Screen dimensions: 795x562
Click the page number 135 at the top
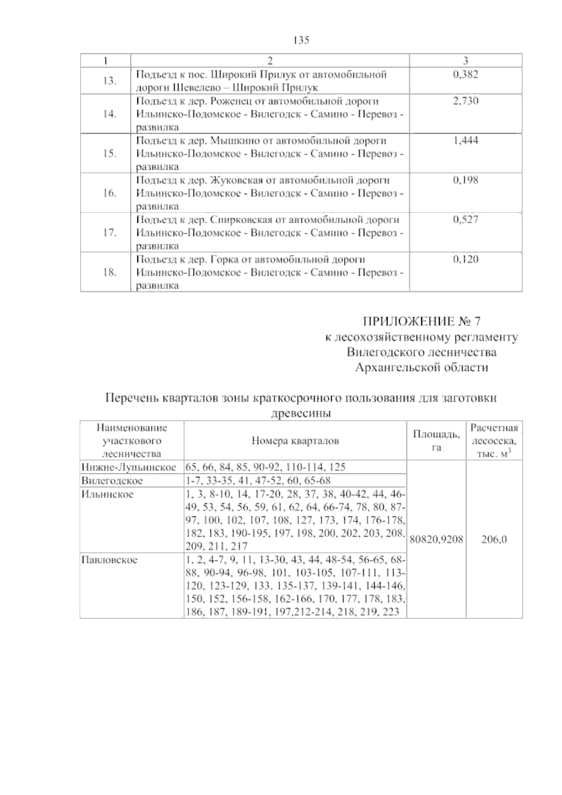(x=302, y=40)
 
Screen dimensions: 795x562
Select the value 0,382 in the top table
(x=466, y=74)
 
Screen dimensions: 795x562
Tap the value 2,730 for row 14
(x=466, y=101)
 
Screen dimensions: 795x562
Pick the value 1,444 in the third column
(x=466, y=141)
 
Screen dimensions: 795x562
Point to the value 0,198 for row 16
(x=466, y=180)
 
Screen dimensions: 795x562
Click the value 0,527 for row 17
(x=466, y=220)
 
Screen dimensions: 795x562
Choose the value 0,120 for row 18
(x=466, y=260)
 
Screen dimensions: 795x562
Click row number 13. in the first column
(x=109, y=81)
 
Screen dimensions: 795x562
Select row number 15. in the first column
(x=109, y=154)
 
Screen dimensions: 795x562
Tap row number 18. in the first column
(x=109, y=272)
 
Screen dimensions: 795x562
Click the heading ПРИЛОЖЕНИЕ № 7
(x=422, y=321)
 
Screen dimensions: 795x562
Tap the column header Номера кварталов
(x=295, y=441)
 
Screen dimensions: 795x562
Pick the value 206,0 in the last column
(x=495, y=539)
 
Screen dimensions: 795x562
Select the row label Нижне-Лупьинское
(x=129, y=467)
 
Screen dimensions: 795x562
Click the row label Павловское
(x=109, y=559)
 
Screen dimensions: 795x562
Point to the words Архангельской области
(x=421, y=368)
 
